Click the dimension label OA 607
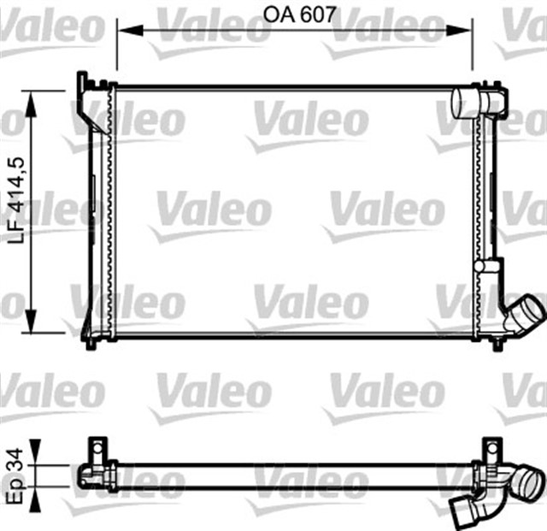(x=299, y=15)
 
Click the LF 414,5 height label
(x=16, y=200)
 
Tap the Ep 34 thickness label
(x=15, y=475)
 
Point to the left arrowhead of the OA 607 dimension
(x=130, y=30)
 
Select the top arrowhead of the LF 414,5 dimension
(x=32, y=103)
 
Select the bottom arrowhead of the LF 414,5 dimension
(x=32, y=321)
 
